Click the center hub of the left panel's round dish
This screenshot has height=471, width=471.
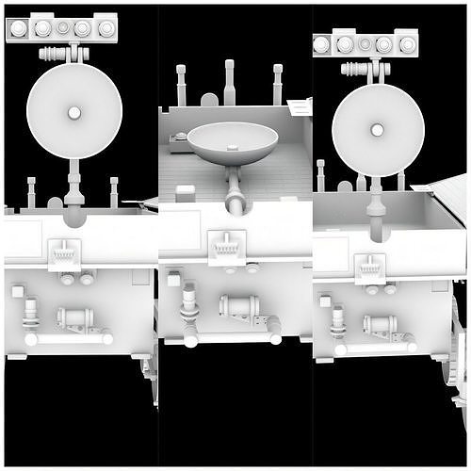tap(73, 114)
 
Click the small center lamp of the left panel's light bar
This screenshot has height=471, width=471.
tap(62, 28)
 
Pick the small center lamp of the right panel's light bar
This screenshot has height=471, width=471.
tap(365, 43)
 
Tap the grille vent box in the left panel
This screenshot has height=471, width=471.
tap(65, 252)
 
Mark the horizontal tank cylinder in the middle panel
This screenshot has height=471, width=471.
tap(239, 305)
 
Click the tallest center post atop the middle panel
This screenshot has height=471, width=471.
tap(230, 82)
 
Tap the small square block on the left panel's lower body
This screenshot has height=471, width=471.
tap(18, 291)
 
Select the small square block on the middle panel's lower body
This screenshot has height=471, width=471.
tap(173, 278)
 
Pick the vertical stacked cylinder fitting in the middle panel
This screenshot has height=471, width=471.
tap(189, 300)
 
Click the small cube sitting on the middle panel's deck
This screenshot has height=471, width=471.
tap(187, 191)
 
